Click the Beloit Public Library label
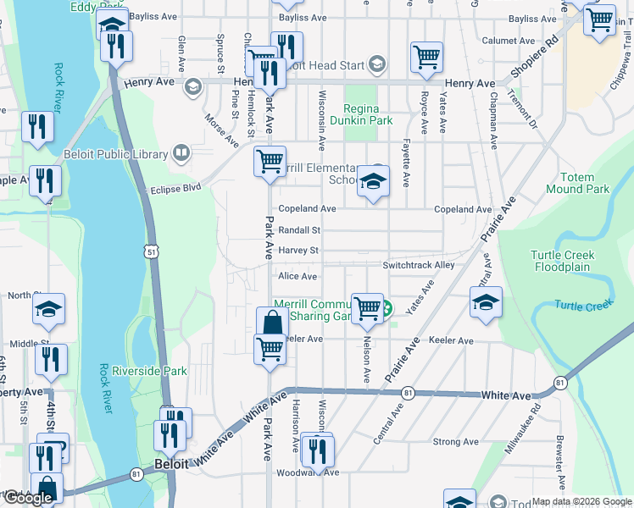[x=115, y=154]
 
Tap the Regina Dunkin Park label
[x=369, y=115]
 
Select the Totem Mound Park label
[x=584, y=184]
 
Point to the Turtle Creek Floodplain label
[x=563, y=261]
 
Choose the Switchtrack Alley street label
[x=418, y=265]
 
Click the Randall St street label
[x=299, y=230]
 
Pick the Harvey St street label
[x=298, y=251]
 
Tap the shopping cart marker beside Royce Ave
[x=426, y=58]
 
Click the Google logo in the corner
[x=27, y=498]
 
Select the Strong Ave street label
[x=455, y=442]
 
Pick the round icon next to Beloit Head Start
[x=377, y=65]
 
